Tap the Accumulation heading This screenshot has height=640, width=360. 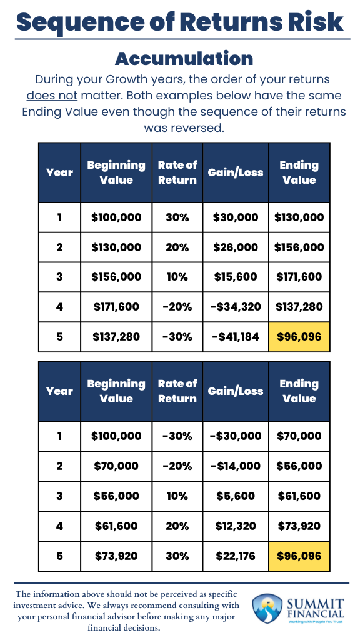pos(184,58)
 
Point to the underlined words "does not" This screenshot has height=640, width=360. pos(52,96)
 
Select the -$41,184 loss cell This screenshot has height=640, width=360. pos(236,337)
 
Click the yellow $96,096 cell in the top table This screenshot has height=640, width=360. pos(299,337)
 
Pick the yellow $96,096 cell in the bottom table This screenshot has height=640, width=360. pos(299,556)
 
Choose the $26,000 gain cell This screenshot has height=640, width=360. pos(236,247)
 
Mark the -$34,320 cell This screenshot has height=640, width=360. pos(236,307)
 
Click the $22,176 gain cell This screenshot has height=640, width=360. pos(236,556)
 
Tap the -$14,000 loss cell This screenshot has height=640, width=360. pos(236,466)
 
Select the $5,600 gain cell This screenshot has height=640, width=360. pos(236,496)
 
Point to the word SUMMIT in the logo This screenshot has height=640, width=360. pos(315,604)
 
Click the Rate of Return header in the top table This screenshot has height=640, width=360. pos(177,172)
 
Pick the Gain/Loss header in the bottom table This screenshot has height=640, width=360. pos(236,391)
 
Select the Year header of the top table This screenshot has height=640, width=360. pos(59,172)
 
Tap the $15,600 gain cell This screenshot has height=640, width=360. pos(236,277)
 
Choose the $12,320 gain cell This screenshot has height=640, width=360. pos(236,526)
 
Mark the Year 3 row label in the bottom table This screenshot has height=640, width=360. pos(59,496)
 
